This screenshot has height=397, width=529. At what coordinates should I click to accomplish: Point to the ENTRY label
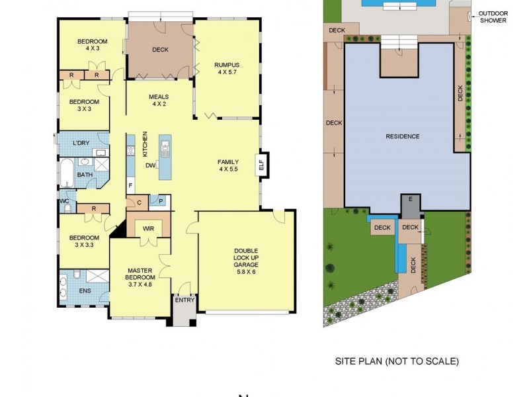pyautogui.click(x=184, y=300)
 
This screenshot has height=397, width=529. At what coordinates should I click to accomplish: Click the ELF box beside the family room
pyautogui.click(x=261, y=162)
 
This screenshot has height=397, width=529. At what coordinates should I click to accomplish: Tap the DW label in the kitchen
pyautogui.click(x=151, y=165)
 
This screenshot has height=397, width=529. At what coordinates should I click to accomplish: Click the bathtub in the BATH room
pyautogui.click(x=67, y=173)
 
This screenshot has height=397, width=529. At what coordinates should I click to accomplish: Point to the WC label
pyautogui.click(x=64, y=200)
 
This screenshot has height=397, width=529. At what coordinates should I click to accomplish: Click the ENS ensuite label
pyautogui.click(x=85, y=290)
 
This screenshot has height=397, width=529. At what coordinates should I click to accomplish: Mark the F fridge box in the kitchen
pyautogui.click(x=130, y=185)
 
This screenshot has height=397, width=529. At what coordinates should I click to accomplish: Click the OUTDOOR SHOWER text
pyautogui.click(x=493, y=17)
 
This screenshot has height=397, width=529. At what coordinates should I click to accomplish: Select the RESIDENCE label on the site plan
pyautogui.click(x=402, y=136)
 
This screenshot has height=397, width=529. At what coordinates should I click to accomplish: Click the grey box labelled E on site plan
pyautogui.click(x=411, y=199)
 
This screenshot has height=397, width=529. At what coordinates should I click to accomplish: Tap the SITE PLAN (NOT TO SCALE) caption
pyautogui.click(x=397, y=361)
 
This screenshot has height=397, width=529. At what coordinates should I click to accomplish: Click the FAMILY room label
pyautogui.click(x=228, y=165)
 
